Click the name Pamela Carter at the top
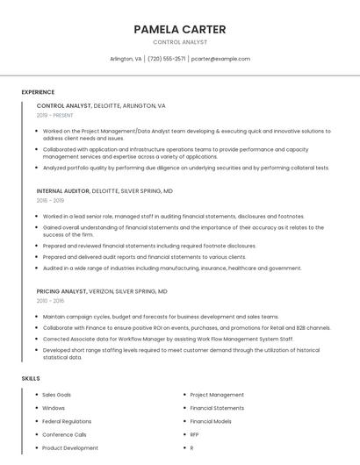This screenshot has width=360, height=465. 179,29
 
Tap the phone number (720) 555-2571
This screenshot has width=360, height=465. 166,59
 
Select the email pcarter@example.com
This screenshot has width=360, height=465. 220,59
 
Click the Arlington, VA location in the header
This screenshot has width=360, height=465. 126,59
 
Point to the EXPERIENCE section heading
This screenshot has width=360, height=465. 38,92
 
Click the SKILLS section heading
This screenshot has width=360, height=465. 31,378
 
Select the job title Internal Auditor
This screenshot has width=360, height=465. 63,190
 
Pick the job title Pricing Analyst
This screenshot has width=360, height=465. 61,290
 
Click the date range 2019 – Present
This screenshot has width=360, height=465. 54,115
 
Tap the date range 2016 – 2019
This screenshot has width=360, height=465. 50,200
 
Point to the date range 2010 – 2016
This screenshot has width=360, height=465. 50,300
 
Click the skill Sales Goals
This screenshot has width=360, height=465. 57,395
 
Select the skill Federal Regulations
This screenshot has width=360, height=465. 67,421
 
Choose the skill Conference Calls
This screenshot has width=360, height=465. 64,434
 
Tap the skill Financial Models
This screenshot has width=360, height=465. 211,421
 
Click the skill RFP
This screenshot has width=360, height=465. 194,434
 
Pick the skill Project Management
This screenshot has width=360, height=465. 217,395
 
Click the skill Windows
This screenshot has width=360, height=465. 54,408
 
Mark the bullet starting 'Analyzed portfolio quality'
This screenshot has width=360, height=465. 185,168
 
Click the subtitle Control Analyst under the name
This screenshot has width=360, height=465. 180,41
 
